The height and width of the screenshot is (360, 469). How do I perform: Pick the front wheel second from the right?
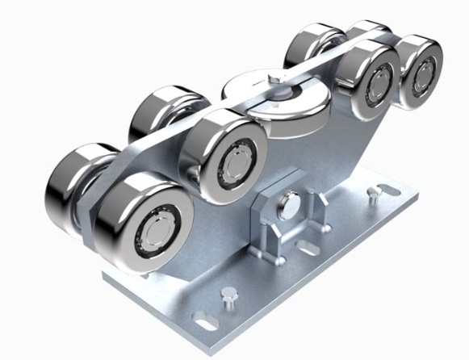[x=373, y=79]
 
